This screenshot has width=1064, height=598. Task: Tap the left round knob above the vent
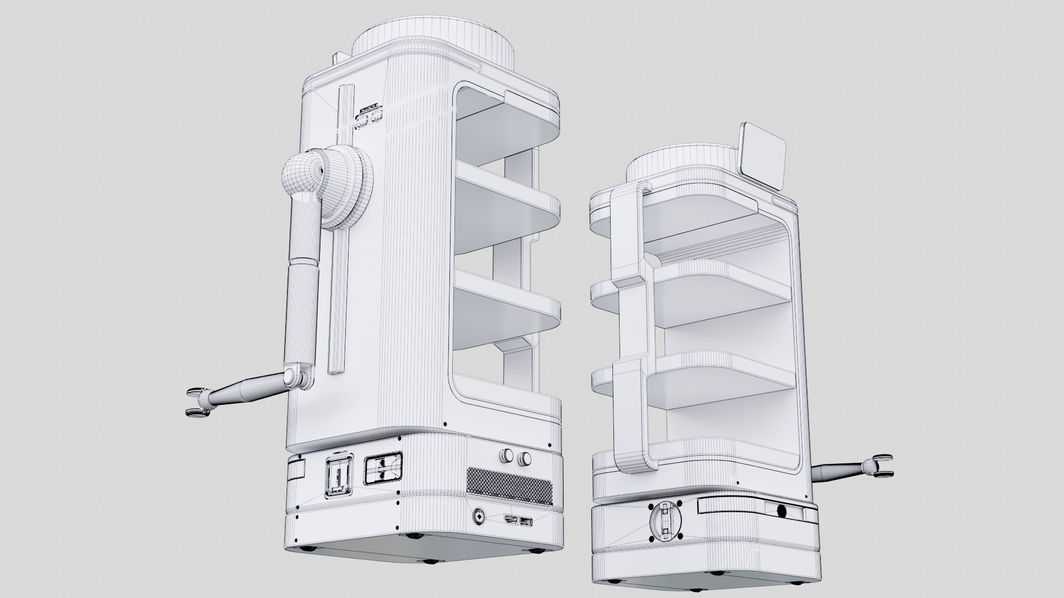tap(506, 456)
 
